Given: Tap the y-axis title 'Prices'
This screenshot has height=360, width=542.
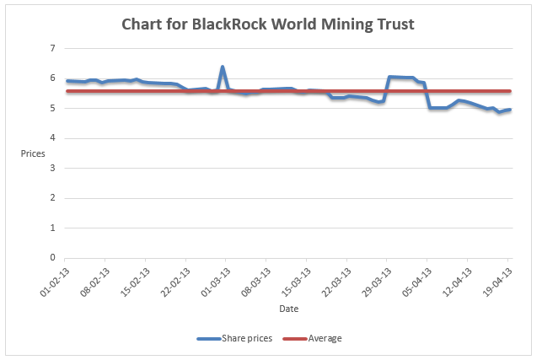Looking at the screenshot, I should click(x=33, y=154).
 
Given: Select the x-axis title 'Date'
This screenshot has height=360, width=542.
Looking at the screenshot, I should click(x=288, y=309).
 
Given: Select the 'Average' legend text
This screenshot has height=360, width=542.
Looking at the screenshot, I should click(x=325, y=339).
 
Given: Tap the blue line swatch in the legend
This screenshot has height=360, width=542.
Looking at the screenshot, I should click(x=208, y=339).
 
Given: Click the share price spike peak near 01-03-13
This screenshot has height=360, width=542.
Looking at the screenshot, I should click(x=223, y=67).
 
